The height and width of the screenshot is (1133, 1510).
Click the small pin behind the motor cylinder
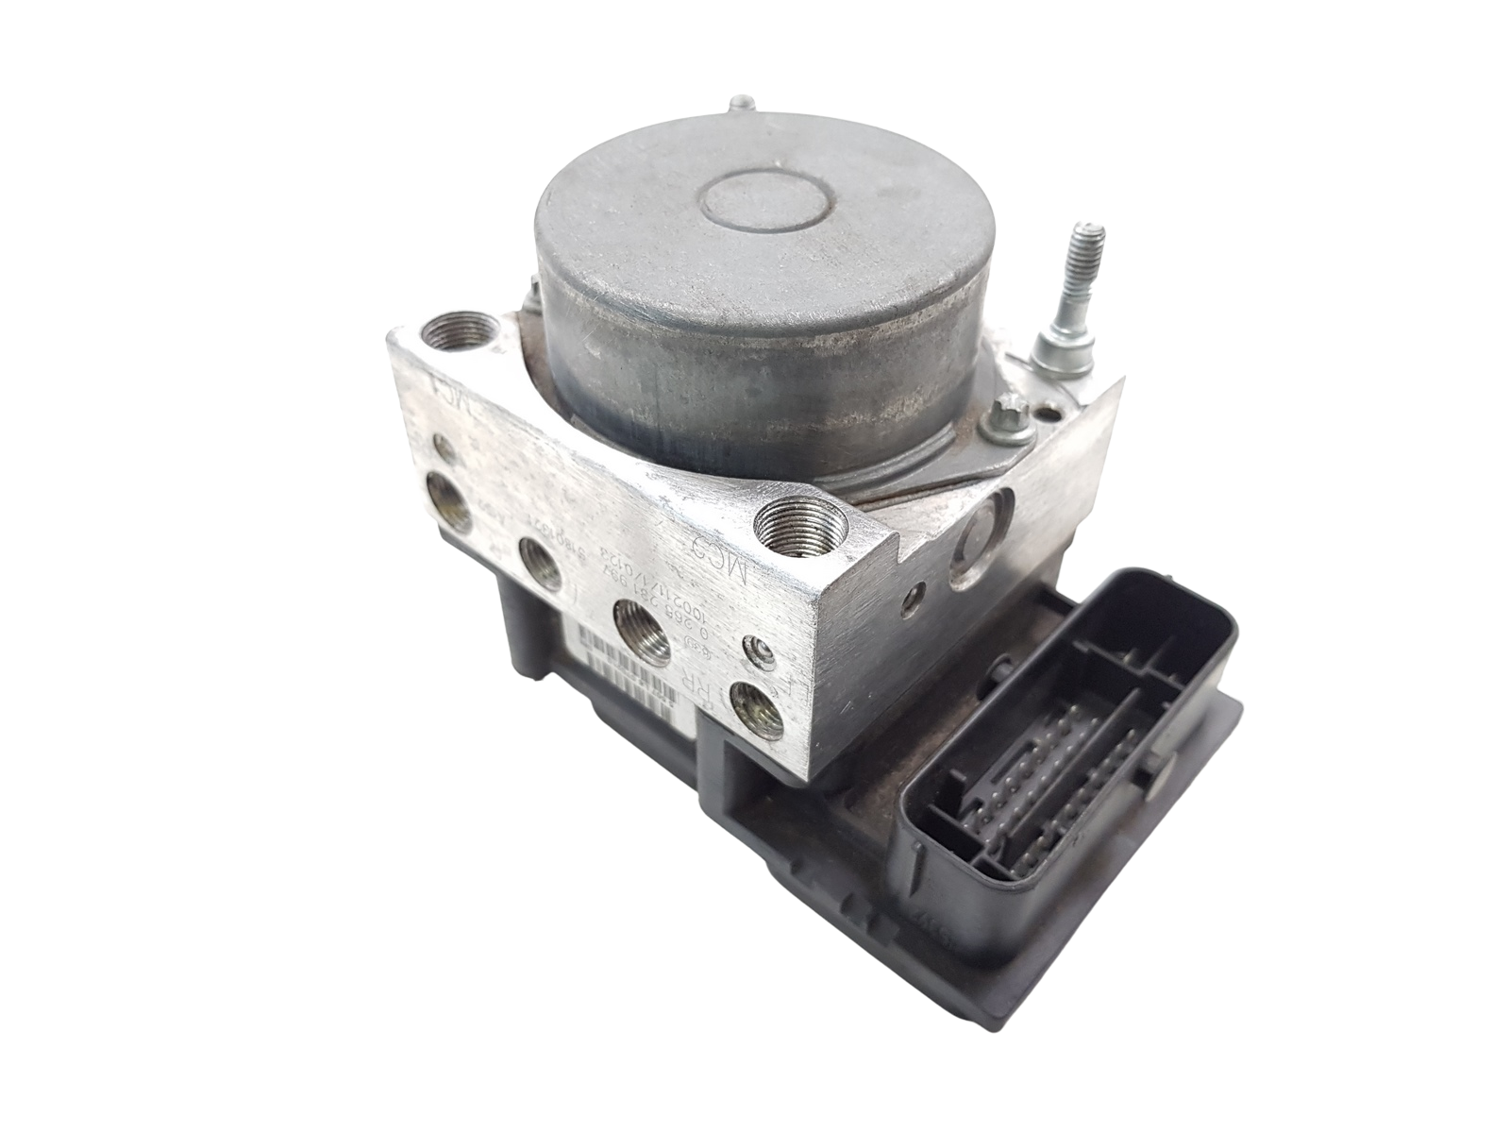746,105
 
